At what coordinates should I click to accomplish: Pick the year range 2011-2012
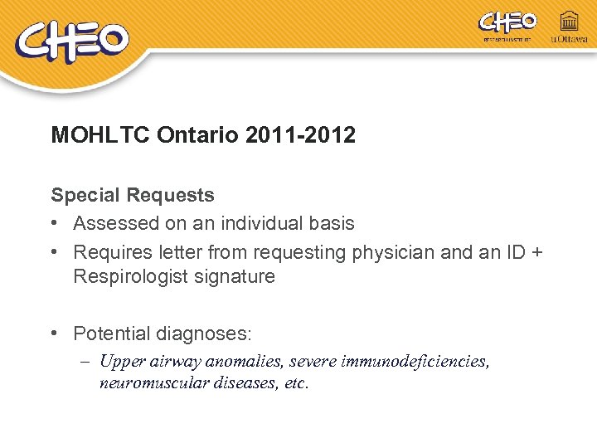(301, 135)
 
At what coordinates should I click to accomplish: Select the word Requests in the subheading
(170, 196)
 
